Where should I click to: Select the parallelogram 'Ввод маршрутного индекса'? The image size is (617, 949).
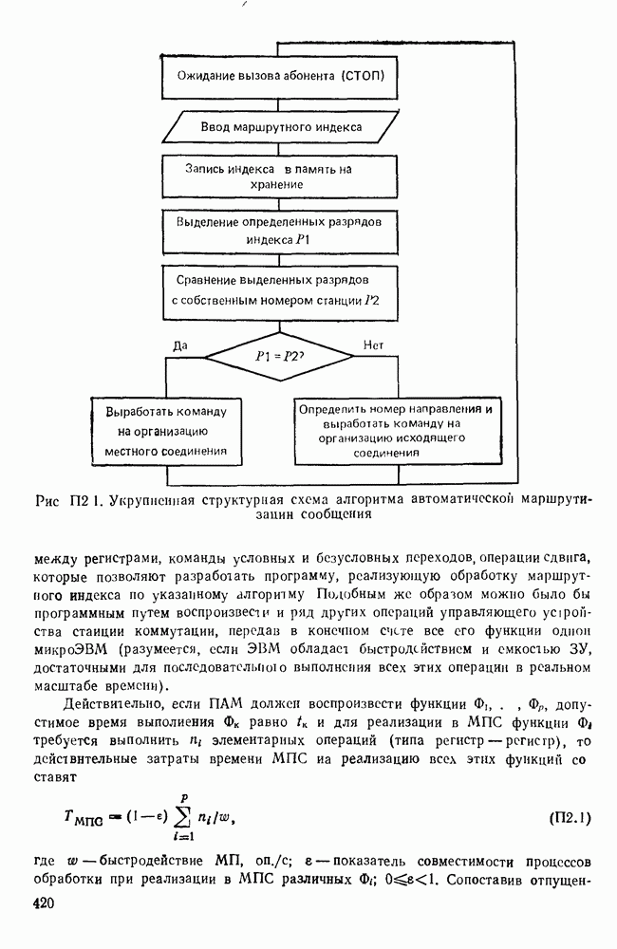[280, 126]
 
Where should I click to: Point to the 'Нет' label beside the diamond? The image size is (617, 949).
[372, 346]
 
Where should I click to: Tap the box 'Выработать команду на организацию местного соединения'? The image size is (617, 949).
[165, 432]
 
